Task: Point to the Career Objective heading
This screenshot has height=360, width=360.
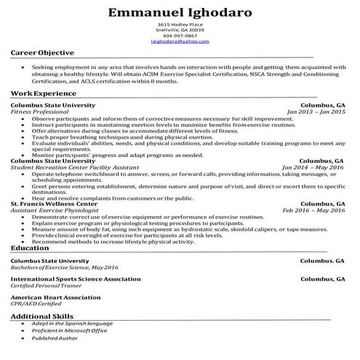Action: tap(42, 53)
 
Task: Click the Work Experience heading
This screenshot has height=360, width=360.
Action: tap(44, 95)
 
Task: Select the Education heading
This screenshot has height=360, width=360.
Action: tap(30, 248)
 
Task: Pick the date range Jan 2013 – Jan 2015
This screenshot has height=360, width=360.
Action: tap(316, 112)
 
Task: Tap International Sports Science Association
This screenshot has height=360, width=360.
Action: tap(76, 279)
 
